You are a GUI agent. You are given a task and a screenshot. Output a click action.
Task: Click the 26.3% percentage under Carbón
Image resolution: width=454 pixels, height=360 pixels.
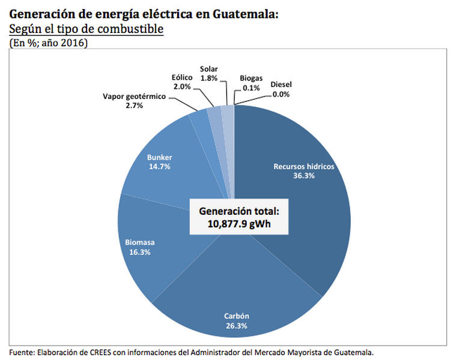pyautogui.click(x=237, y=326)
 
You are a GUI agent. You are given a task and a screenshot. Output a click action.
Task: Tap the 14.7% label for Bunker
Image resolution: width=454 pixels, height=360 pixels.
pyautogui.click(x=159, y=166)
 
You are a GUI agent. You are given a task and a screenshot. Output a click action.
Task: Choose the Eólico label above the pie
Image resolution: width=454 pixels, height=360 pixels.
pyautogui.click(x=181, y=77)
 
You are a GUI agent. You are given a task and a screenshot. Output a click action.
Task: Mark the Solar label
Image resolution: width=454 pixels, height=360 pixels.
pyautogui.click(x=209, y=69)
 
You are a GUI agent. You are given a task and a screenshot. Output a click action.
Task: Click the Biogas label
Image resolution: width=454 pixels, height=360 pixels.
pyautogui.click(x=251, y=79)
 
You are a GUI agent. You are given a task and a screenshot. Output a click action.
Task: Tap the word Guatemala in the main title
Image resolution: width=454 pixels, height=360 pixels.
pyautogui.click(x=246, y=14)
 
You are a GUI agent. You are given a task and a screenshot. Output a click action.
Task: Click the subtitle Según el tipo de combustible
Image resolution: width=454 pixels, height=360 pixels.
pyautogui.click(x=86, y=29)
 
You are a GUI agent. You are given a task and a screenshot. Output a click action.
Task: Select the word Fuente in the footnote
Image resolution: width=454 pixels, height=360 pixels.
pyautogui.click(x=22, y=352)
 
